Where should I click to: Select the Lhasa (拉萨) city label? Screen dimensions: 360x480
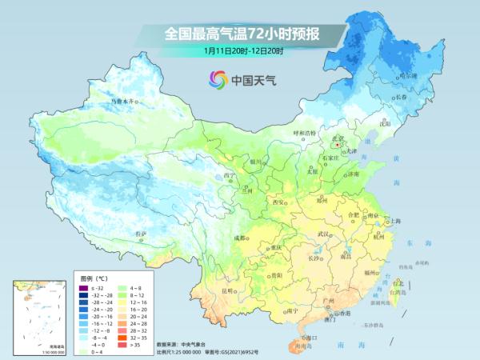click(x=142, y=233)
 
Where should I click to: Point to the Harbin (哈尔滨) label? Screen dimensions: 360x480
click(x=409, y=75)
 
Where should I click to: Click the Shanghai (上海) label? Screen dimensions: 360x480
click(x=394, y=220)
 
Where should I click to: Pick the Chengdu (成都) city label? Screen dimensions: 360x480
click(x=240, y=238)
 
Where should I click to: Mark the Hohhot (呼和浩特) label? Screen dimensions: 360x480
click(x=305, y=133)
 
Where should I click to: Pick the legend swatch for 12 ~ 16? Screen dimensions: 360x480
click(x=122, y=302)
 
